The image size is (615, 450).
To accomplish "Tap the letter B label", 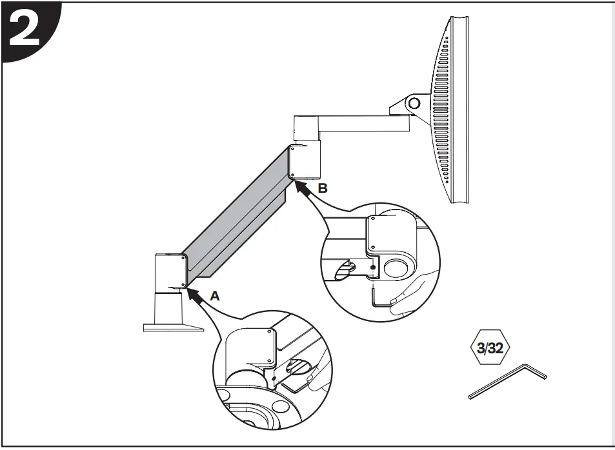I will [x=323, y=188].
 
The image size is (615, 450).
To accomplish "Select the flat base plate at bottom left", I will [x=172, y=328].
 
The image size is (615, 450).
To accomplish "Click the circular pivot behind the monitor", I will [x=413, y=101].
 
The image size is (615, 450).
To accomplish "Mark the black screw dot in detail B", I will [x=372, y=267].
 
